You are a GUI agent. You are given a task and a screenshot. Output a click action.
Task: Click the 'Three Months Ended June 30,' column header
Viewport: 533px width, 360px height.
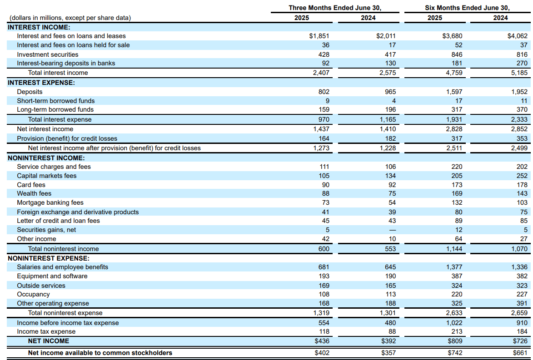(334, 8)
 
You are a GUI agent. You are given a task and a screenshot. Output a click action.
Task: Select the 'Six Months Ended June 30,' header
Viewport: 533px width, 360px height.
(467, 8)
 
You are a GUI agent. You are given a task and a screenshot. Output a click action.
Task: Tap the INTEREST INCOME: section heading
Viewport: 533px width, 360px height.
(39, 27)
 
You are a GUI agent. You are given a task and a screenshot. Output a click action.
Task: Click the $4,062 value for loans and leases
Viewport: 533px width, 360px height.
(518, 36)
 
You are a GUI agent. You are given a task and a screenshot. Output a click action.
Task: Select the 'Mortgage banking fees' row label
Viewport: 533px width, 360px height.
(50, 202)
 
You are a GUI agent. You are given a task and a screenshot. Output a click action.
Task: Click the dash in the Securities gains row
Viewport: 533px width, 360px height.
(393, 230)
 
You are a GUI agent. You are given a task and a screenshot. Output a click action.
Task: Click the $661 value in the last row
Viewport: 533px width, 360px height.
(520, 353)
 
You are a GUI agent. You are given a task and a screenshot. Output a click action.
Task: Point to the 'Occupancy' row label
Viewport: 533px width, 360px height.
(33, 294)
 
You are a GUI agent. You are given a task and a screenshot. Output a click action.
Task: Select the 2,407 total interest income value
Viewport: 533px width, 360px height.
(321, 73)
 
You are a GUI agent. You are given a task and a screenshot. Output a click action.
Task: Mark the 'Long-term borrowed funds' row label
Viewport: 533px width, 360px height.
(55, 109)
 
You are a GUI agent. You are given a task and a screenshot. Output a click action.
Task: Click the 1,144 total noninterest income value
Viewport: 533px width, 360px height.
(454, 249)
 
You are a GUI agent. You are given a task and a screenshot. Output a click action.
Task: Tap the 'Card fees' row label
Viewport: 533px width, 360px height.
(31, 185)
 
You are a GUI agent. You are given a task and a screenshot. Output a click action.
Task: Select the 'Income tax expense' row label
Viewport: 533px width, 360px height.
(46, 331)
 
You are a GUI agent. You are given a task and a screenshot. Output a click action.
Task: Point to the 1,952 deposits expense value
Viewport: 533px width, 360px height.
(519, 92)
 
